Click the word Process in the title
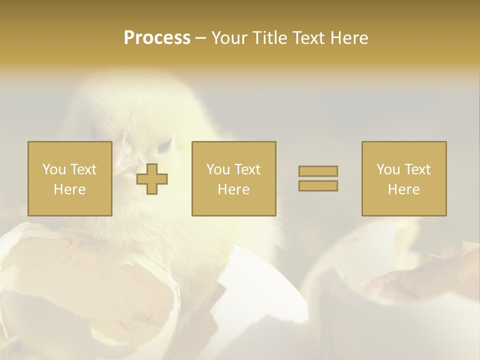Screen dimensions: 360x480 [157, 37]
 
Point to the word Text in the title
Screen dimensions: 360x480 [309, 37]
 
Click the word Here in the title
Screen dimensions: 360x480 [350, 37]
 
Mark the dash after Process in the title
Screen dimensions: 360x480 [200, 38]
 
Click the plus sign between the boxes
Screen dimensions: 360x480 [152, 178]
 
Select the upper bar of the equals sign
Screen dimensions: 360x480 [318, 171]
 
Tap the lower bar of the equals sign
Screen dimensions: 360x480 [318, 185]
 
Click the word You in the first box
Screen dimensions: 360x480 [53, 169]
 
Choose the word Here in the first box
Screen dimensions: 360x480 [69, 189]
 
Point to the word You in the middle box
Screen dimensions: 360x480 [218, 169]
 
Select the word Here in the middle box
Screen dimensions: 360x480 [233, 189]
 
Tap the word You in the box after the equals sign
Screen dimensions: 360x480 [388, 169]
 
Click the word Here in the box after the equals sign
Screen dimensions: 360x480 [403, 189]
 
